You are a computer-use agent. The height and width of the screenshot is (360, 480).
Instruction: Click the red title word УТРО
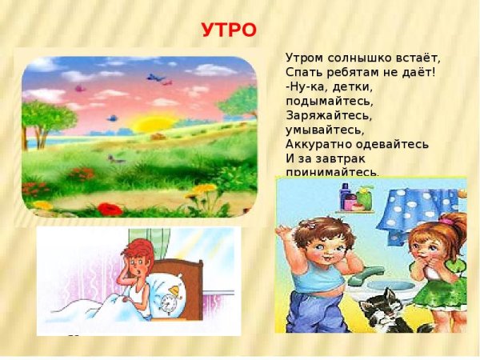[228, 31]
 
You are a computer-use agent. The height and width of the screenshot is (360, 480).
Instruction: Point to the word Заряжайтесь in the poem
[325, 116]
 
